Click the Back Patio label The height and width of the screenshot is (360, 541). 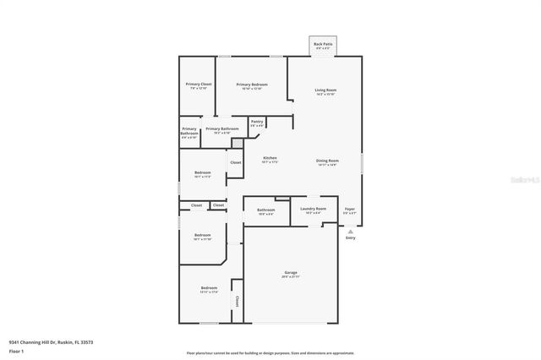click(x=322, y=44)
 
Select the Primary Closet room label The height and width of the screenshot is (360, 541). click(x=199, y=85)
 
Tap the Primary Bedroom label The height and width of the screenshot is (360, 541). click(x=252, y=85)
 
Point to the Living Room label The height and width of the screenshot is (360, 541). click(x=325, y=90)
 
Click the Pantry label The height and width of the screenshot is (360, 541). click(x=257, y=122)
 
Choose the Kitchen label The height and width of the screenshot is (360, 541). click(x=270, y=159)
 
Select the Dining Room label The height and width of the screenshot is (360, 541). click(x=327, y=161)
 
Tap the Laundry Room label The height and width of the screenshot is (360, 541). click(x=314, y=209)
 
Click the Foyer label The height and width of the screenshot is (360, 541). click(x=350, y=209)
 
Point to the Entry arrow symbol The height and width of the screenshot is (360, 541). click(x=351, y=230)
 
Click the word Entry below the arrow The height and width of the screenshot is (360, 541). click(x=351, y=237)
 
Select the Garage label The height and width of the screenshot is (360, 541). click(x=291, y=274)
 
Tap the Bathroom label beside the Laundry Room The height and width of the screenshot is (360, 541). click(x=266, y=210)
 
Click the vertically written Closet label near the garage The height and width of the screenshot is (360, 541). click(x=237, y=301)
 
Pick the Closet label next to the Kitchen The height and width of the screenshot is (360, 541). click(x=236, y=162)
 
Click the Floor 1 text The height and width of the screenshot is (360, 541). click(x=16, y=351)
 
